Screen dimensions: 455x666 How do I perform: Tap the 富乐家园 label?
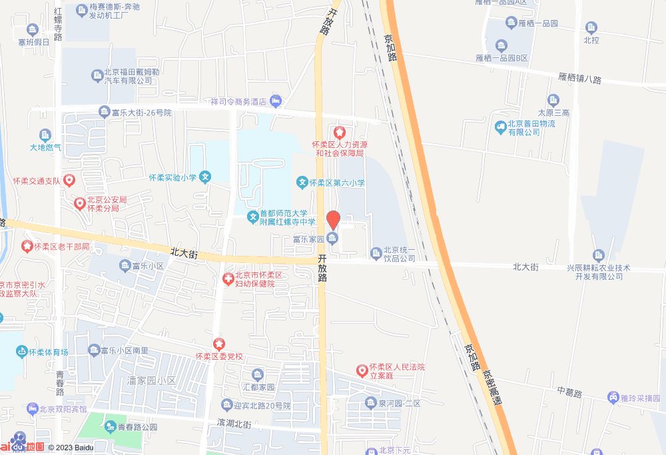click(x=308, y=238)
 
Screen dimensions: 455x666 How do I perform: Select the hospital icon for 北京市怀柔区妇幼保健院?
click(x=228, y=278)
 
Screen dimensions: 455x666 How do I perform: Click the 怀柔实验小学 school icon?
click(x=206, y=178)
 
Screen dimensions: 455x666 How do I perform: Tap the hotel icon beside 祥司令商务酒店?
click(x=276, y=101)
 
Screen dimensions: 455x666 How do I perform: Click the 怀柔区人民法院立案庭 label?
click(x=398, y=371)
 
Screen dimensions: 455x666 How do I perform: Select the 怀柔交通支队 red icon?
click(x=70, y=181)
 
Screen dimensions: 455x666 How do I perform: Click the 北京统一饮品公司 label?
click(x=399, y=254)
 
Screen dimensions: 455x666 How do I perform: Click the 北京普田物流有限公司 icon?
click(x=500, y=127)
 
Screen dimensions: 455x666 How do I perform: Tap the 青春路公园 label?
click(x=137, y=427)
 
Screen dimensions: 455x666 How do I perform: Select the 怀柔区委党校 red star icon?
click(x=219, y=344)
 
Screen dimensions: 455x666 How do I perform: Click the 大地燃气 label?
click(x=45, y=147)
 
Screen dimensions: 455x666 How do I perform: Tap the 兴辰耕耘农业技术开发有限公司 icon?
click(x=598, y=255)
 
